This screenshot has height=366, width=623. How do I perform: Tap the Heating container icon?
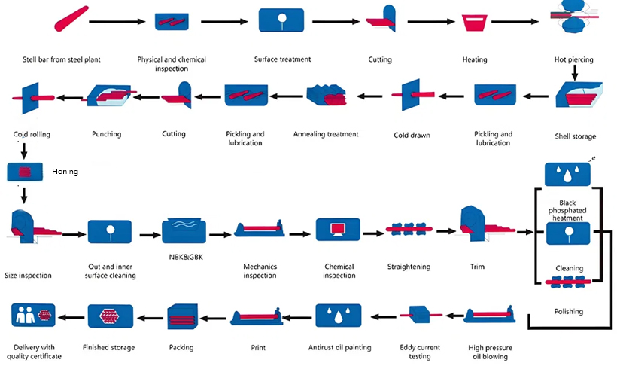click(474, 23)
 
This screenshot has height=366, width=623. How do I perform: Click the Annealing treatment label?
click(326, 134)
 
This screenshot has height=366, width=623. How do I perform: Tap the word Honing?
click(65, 172)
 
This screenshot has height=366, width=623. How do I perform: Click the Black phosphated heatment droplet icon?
click(567, 174)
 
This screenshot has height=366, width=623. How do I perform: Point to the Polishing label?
click(568, 311)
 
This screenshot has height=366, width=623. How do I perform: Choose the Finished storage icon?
click(111, 317)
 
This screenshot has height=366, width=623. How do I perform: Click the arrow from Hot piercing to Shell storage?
click(574, 72)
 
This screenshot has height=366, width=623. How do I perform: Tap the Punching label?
click(106, 134)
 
